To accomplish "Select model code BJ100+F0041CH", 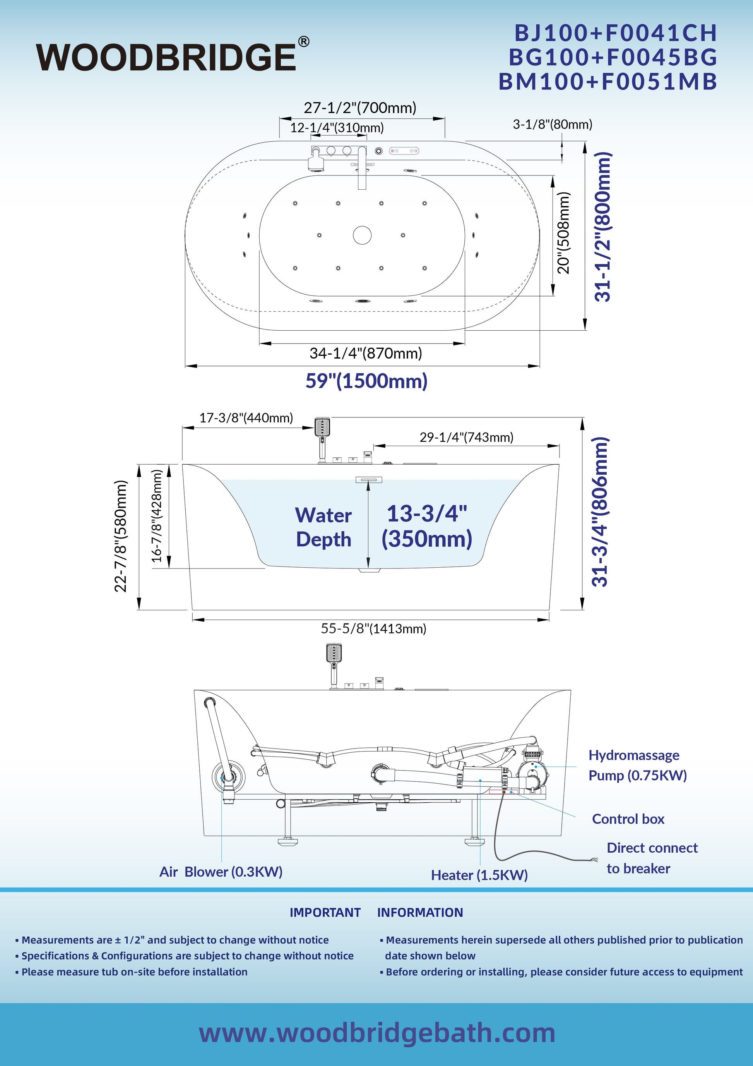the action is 616,33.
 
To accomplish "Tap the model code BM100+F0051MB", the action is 608,82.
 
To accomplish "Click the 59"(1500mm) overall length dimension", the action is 366,381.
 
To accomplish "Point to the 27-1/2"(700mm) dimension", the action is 360,108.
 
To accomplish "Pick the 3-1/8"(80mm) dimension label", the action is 553,124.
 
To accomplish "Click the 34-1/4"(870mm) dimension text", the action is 366,353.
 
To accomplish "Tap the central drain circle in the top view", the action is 362,235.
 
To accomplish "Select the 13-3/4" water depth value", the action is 427,513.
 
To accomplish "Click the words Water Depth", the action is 324,527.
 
